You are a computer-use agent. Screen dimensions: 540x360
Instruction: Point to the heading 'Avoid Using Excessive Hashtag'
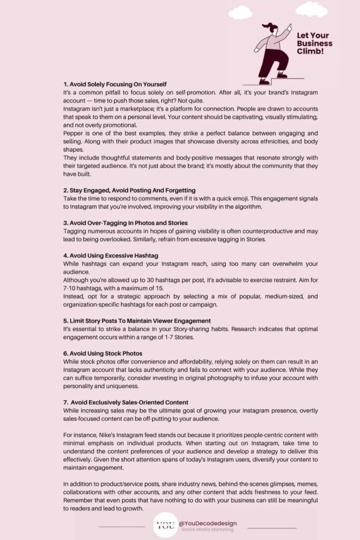(108, 255)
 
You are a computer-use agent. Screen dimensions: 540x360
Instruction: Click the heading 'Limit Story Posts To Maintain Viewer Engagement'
(137, 320)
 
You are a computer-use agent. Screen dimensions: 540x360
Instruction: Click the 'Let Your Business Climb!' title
(314, 44)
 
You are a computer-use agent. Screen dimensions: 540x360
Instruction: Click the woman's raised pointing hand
(289, 26)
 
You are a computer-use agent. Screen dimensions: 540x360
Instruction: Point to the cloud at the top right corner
(311, 9)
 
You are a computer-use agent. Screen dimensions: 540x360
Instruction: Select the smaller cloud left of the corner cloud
(240, 12)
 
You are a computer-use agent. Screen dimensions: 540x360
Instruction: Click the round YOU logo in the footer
(164, 526)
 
